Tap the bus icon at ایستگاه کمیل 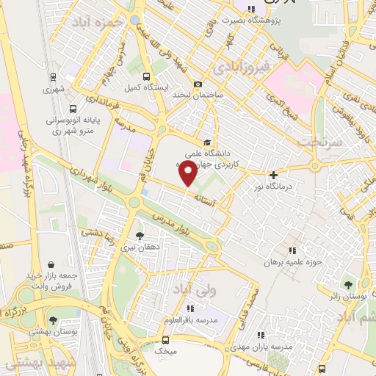coord(147,76)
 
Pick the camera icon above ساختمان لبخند coord(197,84)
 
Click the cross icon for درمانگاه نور coord(273,176)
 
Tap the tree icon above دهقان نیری coord(140,236)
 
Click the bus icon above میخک coord(165,340)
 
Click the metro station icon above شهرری coord(53,76)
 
